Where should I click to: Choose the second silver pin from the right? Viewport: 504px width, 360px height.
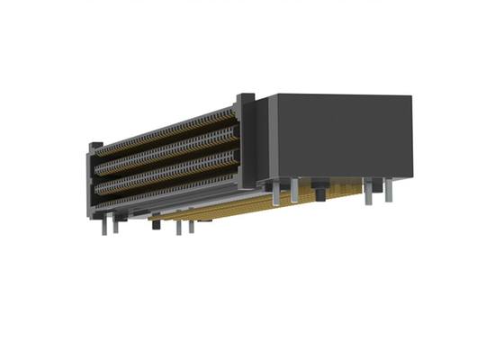pyautogui.click(x=367, y=192)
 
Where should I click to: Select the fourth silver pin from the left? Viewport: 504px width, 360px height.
pyautogui.click(x=190, y=224)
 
